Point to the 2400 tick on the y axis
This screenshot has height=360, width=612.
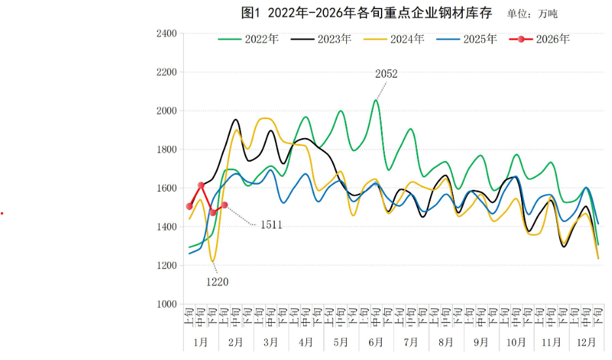coord(167,33)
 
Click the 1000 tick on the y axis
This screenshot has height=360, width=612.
coord(167,304)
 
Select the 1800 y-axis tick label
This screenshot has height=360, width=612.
coord(167,149)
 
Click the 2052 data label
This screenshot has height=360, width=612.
coord(386,74)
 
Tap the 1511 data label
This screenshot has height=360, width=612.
coord(271,225)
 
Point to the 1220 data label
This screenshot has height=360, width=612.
coord(217,282)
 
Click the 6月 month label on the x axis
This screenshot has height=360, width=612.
coord(376,342)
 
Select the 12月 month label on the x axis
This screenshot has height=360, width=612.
coord(586,342)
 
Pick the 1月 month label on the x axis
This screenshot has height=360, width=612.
coord(200,342)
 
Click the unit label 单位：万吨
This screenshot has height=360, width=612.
coord(532,14)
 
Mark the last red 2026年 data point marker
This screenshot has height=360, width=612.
coord(225,205)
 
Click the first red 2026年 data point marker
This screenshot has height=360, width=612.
coord(189,206)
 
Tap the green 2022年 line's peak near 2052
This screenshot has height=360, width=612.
coord(376,100)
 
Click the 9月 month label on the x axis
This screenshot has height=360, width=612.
coord(481,342)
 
